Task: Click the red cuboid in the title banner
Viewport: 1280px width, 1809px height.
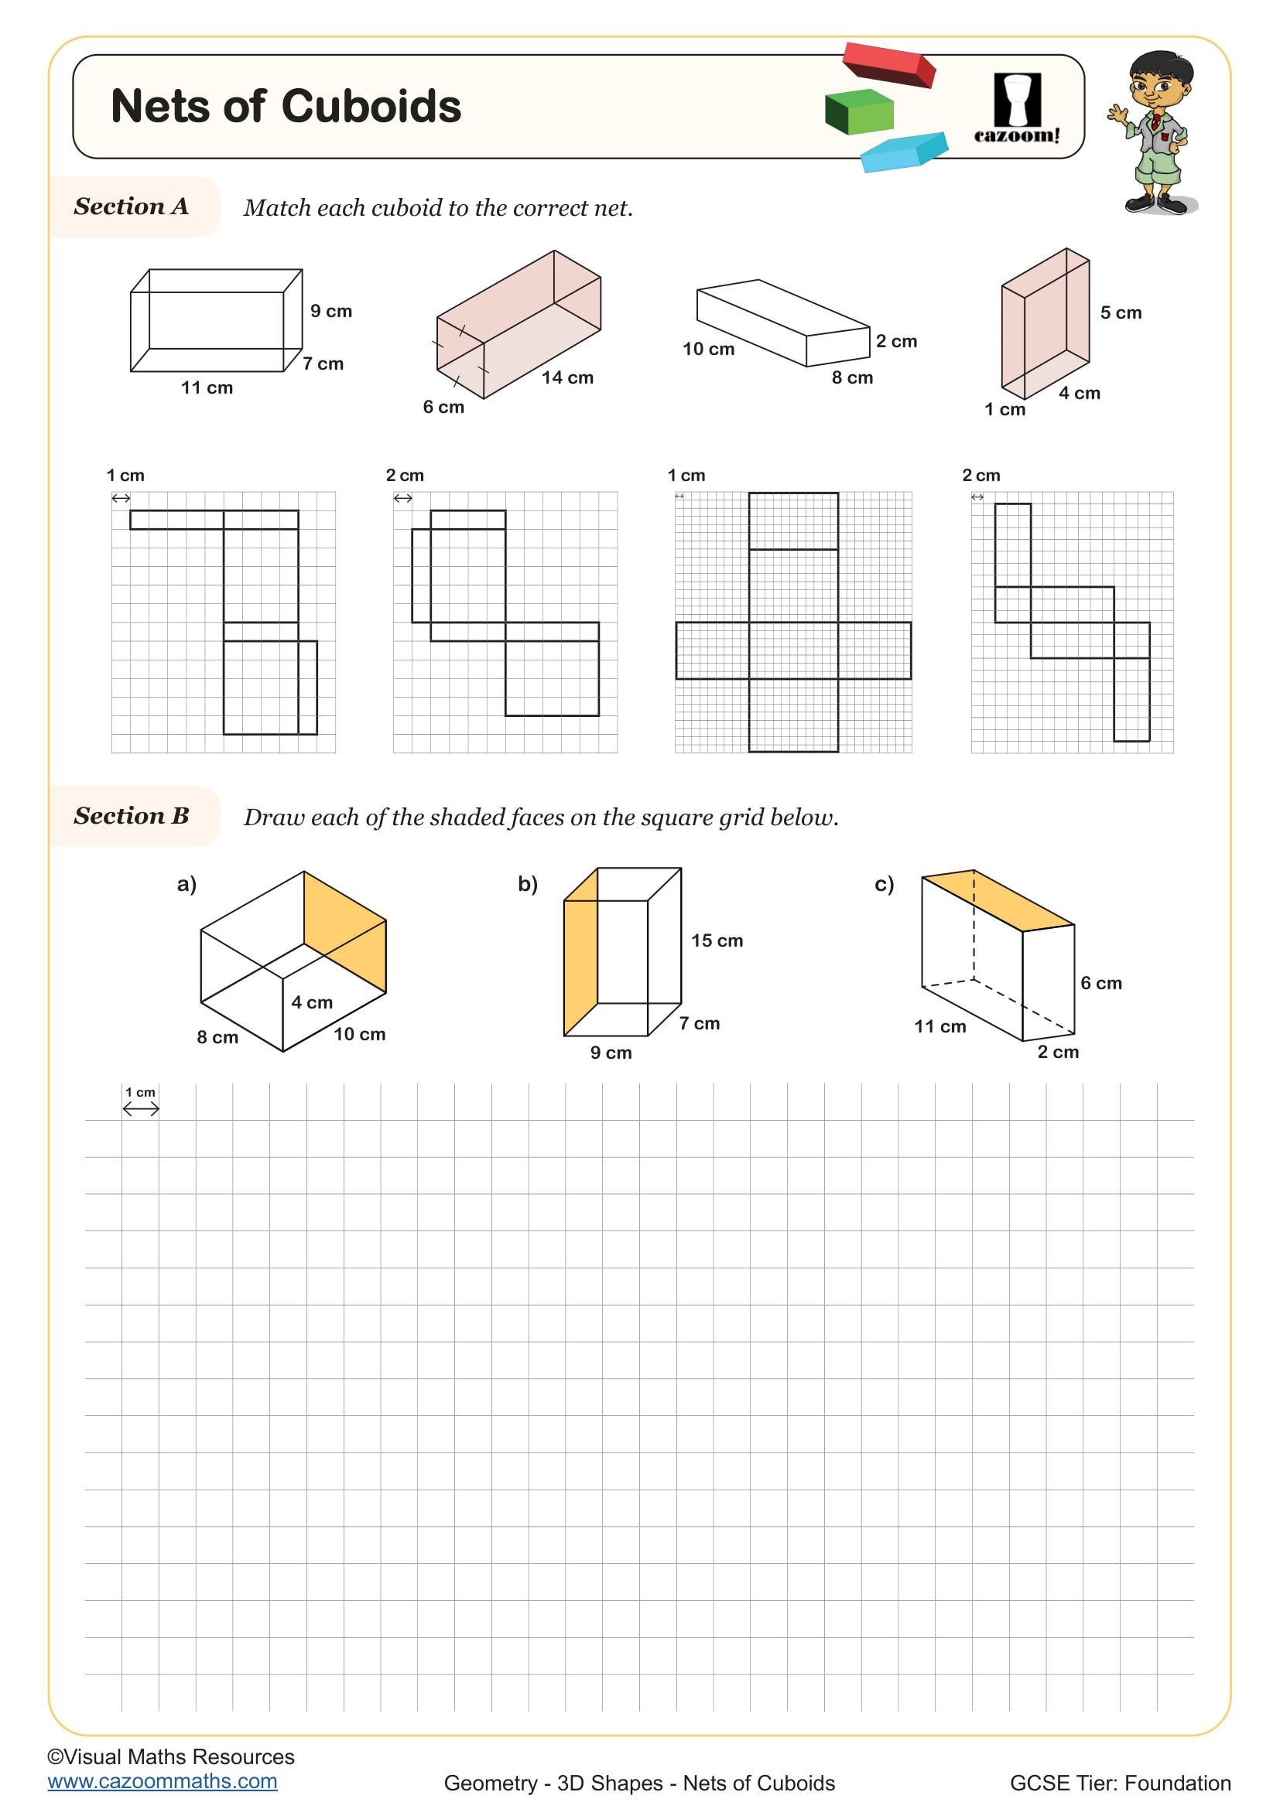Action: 888,64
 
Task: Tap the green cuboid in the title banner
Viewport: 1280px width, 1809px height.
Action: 859,112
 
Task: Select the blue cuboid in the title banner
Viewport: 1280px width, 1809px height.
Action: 903,152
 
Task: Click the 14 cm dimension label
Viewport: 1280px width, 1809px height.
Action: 567,377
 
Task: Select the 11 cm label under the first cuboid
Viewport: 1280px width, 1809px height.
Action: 207,387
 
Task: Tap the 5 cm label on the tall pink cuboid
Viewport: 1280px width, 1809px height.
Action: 1121,312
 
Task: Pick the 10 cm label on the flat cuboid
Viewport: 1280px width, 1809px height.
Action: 708,349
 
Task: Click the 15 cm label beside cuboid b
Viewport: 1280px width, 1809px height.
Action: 717,940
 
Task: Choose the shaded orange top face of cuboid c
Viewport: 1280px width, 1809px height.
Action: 997,900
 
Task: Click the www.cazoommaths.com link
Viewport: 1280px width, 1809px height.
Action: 163,1781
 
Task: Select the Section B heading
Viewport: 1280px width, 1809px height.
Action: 132,815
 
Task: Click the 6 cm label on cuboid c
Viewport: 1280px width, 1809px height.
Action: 1100,983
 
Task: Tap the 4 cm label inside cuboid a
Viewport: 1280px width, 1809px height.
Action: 312,1002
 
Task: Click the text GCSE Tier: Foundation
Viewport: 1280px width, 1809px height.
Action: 1120,1783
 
